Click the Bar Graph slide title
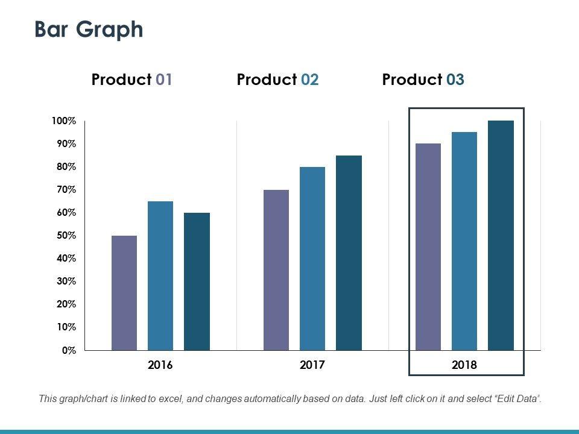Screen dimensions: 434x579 (89, 29)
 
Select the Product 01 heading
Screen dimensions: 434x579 (132, 80)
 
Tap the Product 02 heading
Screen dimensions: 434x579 (277, 80)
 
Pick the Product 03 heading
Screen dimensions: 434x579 (423, 80)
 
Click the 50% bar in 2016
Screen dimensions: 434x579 (124, 293)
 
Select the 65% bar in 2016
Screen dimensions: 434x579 (160, 275)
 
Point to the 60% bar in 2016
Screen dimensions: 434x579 (197, 281)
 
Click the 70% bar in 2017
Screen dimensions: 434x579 (276, 270)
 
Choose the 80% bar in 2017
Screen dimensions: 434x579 (312, 259)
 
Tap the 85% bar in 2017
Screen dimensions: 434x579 (349, 253)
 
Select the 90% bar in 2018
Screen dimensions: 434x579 (428, 247)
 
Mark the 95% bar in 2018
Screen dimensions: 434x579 (464, 241)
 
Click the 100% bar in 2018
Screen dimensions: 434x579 (501, 236)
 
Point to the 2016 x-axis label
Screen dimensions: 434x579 (160, 365)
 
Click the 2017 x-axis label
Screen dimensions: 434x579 (312, 365)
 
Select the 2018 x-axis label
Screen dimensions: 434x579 (464, 365)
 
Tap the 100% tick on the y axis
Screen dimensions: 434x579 (64, 121)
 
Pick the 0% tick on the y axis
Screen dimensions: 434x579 (69, 350)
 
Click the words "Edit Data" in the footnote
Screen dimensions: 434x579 (516, 398)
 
